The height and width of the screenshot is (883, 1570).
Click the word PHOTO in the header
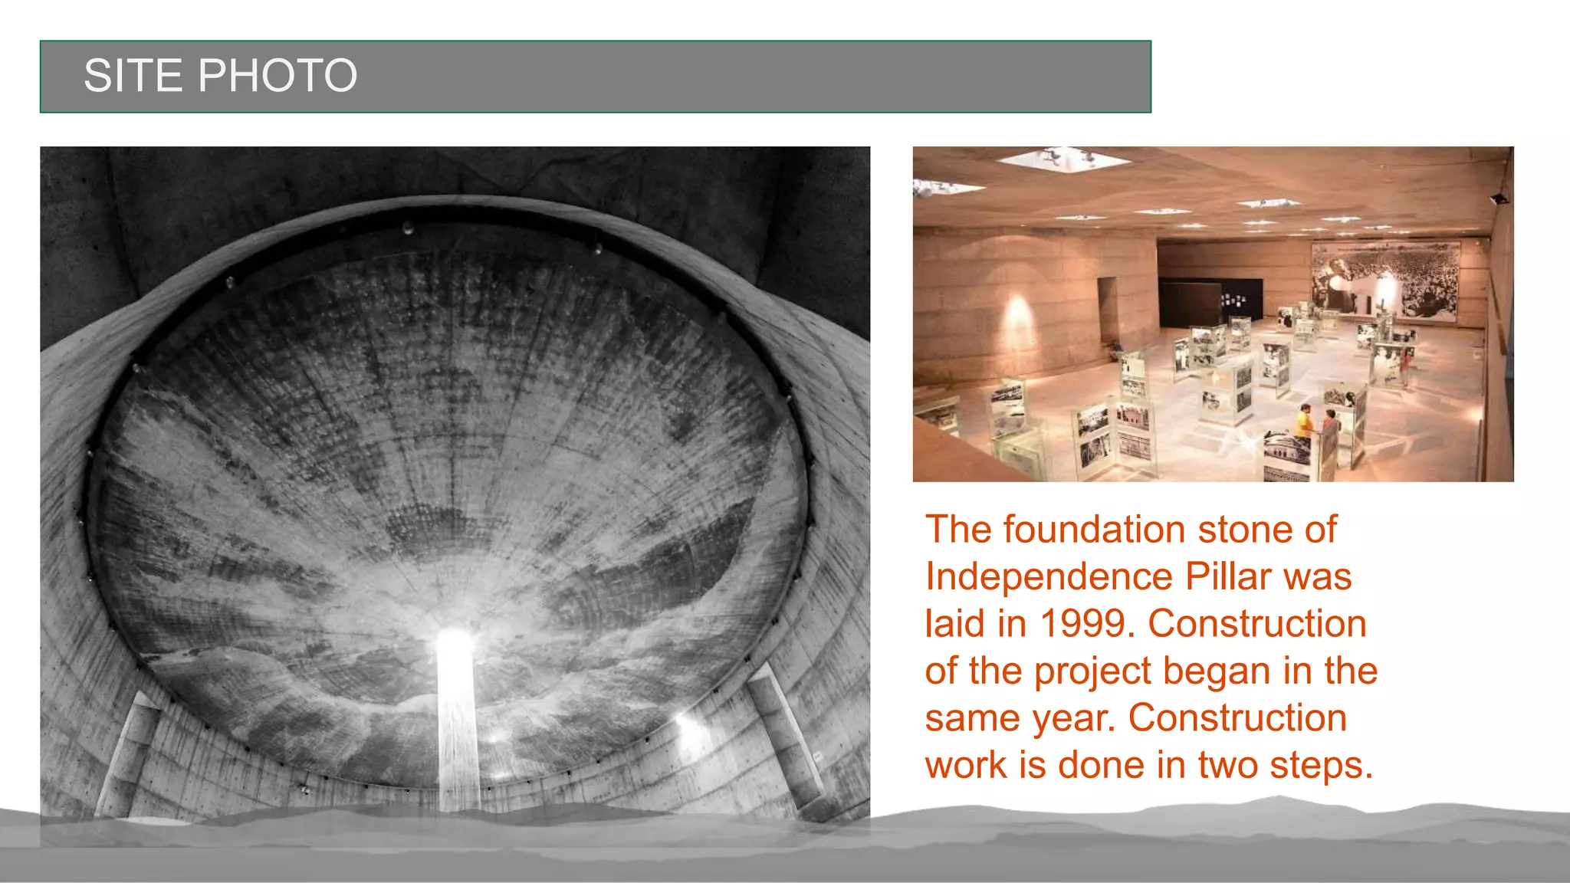278,76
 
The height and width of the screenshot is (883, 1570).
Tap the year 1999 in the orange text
1086,623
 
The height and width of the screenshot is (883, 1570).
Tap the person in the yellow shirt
1304,422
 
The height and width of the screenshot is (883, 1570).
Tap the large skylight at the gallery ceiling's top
1064,159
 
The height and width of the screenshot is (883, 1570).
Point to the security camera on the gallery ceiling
1499,199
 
